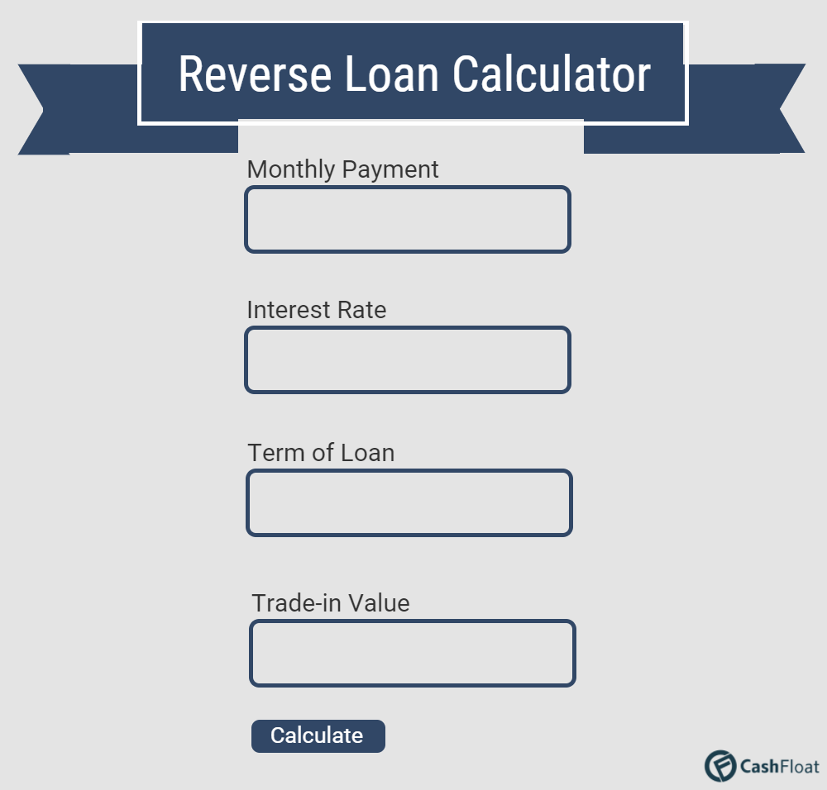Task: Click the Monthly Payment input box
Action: [408, 219]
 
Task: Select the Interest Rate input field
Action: [408, 360]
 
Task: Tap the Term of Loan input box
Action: [409, 502]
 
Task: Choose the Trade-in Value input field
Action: [413, 654]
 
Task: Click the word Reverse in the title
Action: [255, 74]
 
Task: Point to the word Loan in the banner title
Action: [391, 74]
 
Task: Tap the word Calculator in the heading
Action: [552, 74]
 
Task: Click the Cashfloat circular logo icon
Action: [720, 766]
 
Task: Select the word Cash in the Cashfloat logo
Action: [759, 766]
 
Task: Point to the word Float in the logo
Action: [800, 766]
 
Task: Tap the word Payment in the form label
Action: [390, 170]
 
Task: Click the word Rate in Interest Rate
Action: [362, 310]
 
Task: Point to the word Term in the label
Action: [275, 453]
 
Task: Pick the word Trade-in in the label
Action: [296, 603]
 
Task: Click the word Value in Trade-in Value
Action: [378, 603]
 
